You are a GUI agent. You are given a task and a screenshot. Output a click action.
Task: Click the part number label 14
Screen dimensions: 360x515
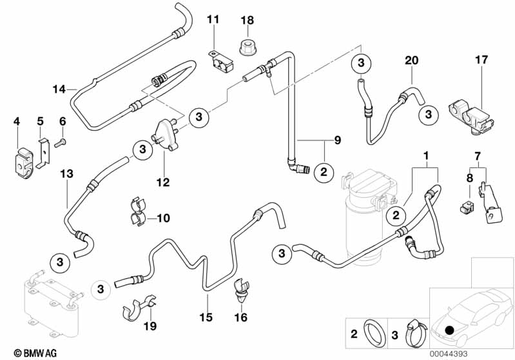coord(59,90)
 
